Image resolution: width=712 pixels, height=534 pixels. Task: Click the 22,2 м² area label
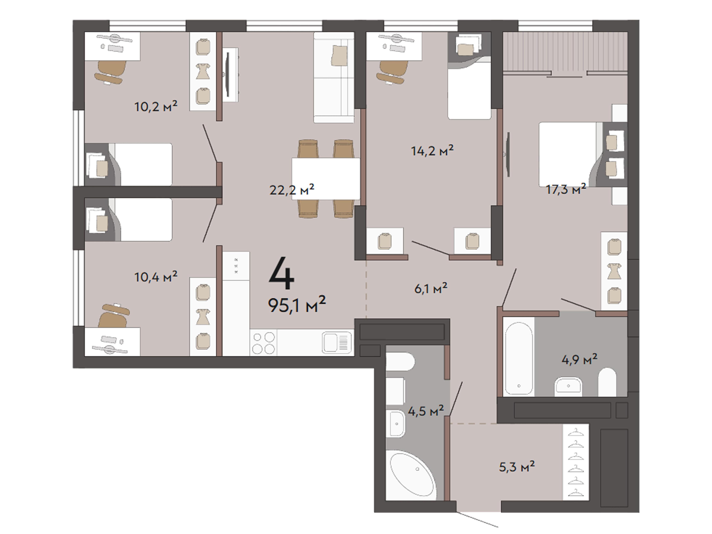[292, 190]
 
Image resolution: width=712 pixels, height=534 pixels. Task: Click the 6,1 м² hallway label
[431, 288]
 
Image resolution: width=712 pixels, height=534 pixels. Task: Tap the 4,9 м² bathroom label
[579, 359]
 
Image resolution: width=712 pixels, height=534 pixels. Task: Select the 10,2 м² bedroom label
[156, 106]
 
